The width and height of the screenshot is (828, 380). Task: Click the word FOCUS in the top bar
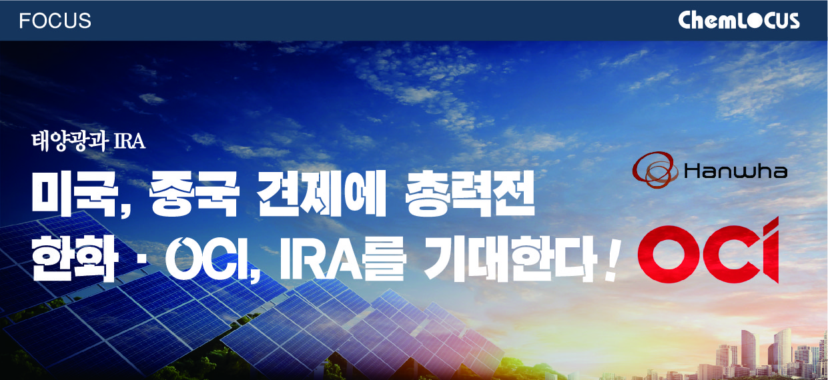point(55,21)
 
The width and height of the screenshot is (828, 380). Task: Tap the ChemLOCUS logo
point(739,20)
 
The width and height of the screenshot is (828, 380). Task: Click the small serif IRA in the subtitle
point(129,141)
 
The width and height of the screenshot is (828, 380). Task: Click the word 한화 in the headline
point(75,258)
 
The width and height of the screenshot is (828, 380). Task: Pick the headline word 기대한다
point(511,258)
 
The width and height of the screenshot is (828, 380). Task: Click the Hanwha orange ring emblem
point(655,169)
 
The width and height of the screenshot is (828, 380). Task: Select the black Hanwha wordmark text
point(735,171)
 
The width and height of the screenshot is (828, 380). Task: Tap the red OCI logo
point(708,251)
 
